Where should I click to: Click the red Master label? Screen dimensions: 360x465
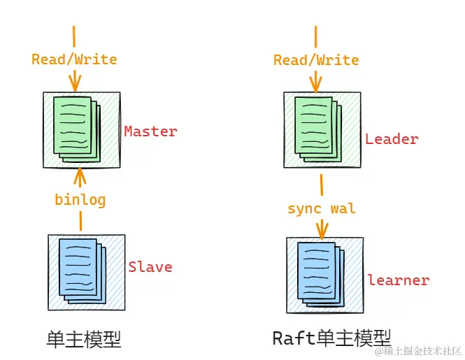[x=150, y=131]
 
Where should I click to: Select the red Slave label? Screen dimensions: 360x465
[x=150, y=266]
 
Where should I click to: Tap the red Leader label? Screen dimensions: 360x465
[x=392, y=138]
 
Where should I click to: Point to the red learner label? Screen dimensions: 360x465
[x=398, y=280]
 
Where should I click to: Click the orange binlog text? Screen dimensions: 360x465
[x=80, y=199]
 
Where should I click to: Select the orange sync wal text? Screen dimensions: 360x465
[x=322, y=208]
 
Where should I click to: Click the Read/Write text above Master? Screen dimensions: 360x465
[x=74, y=59]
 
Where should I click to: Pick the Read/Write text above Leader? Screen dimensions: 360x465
[x=316, y=59]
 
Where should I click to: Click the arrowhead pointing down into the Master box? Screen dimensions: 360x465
[x=74, y=85]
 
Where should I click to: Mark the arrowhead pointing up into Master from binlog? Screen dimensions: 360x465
[x=80, y=172]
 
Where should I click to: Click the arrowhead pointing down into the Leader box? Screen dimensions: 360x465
[x=316, y=85]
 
